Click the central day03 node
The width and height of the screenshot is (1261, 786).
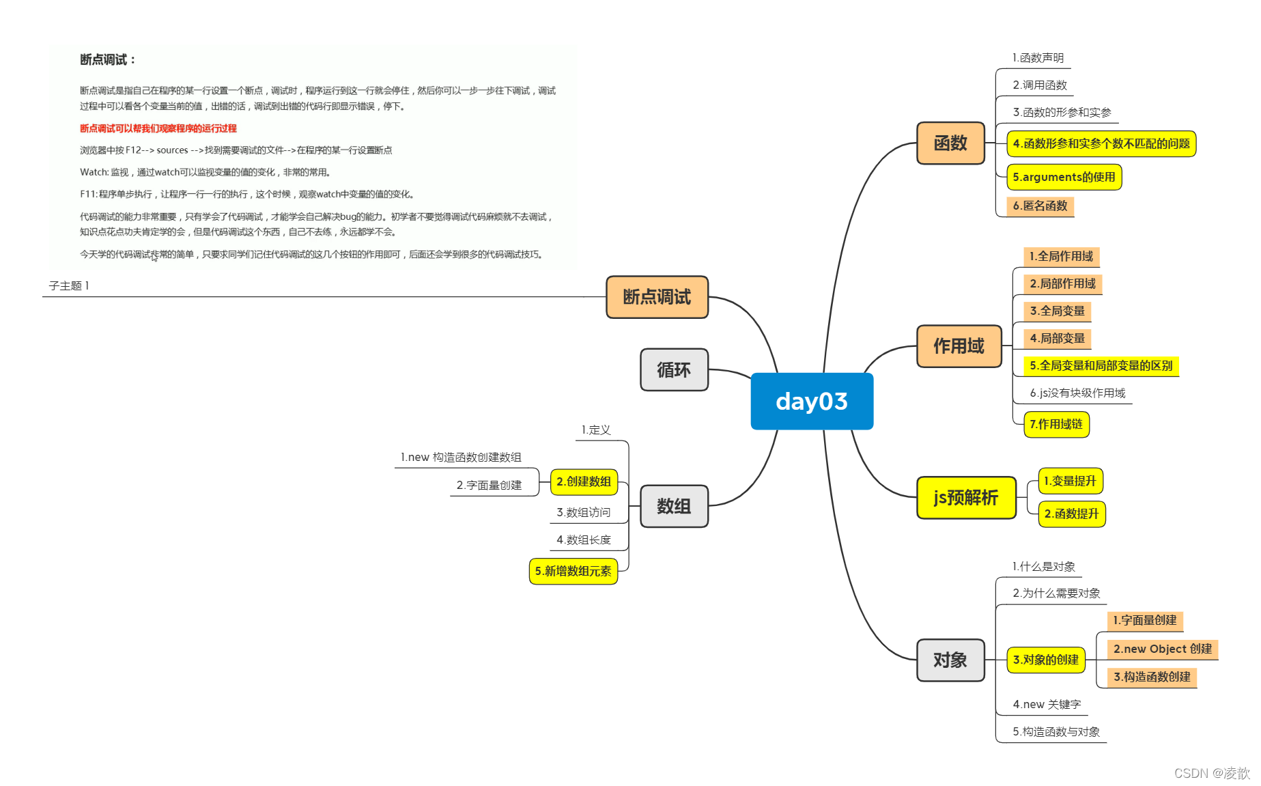pos(811,401)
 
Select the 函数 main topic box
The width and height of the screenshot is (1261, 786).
pos(950,143)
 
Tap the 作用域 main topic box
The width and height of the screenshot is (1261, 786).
pos(959,346)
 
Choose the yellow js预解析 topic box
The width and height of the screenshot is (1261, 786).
pos(965,498)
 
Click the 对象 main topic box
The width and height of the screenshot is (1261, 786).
pos(950,660)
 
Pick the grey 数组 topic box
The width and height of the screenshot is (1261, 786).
pos(673,506)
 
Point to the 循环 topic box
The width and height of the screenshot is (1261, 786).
pos(673,369)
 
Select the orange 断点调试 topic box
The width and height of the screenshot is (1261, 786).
pos(657,297)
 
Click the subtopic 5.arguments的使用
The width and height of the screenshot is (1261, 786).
pos(1063,178)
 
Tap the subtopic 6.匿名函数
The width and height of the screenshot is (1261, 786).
pos(1040,206)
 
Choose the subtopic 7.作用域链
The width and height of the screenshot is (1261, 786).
pos(1055,425)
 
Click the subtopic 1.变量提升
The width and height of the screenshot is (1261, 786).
pos(1069,481)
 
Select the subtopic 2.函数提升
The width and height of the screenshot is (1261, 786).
pos(1071,514)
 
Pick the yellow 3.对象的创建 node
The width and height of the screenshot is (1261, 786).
pos(1045,660)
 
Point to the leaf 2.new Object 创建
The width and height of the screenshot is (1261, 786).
pos(1162,649)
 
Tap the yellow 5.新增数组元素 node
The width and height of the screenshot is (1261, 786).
pos(573,572)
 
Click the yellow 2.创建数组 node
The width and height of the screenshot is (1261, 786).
pos(583,482)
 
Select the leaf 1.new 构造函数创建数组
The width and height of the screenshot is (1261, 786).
pos(461,458)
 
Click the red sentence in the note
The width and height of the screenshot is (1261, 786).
pos(158,128)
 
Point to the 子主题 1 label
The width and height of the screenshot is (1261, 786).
pos(69,286)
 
